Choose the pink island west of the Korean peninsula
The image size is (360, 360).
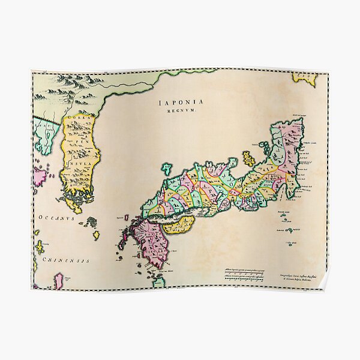point(41,176)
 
